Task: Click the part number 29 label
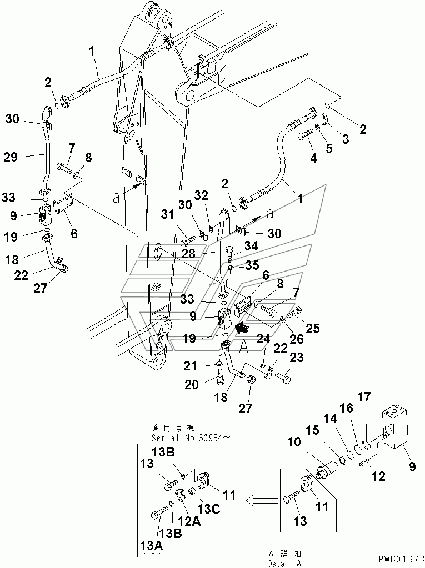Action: point(11,157)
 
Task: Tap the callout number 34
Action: point(251,247)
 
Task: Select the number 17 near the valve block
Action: point(364,397)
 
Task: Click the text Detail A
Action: point(284,564)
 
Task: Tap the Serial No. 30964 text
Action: point(192,438)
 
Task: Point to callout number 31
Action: point(167,215)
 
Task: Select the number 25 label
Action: point(313,328)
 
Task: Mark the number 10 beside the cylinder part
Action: point(294,442)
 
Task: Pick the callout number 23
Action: point(296,358)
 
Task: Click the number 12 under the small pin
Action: point(379,476)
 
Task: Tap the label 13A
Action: point(152,546)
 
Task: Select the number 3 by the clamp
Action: point(346,139)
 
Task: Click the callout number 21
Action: point(189,366)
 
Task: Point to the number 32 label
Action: point(201,195)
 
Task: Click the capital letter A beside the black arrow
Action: point(243,348)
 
